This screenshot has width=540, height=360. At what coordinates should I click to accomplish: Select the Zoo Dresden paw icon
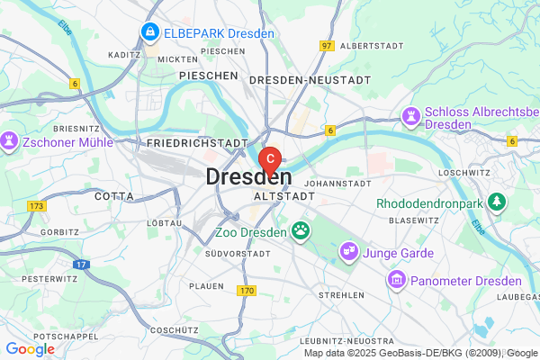click(x=300, y=232)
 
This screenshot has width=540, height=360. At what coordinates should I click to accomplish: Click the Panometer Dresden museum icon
click(x=395, y=281)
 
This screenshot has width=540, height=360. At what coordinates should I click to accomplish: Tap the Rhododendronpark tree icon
click(x=494, y=202)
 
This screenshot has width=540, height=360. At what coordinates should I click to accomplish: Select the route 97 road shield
click(x=326, y=45)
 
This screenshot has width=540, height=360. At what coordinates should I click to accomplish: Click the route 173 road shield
click(x=36, y=207)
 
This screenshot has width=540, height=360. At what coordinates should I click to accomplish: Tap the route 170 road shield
click(x=247, y=291)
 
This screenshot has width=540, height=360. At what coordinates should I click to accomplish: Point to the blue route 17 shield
click(x=81, y=265)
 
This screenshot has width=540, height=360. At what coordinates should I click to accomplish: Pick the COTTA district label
click(x=112, y=195)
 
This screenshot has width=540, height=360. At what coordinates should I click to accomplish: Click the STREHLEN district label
click(x=342, y=294)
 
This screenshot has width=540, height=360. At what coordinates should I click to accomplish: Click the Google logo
click(x=30, y=349)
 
